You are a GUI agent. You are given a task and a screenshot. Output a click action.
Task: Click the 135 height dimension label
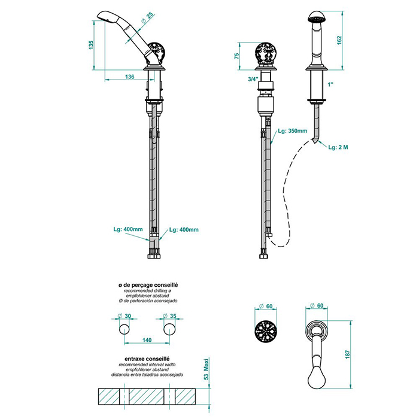click(x=91, y=45)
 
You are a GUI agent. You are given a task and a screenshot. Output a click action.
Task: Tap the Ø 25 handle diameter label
click(x=147, y=18)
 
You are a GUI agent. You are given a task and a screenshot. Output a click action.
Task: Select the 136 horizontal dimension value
click(x=130, y=77)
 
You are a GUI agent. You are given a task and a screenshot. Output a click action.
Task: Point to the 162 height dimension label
click(x=339, y=40)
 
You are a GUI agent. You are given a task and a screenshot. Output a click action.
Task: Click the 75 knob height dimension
click(x=236, y=56)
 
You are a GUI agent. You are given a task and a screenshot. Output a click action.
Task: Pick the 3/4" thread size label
click(x=253, y=79)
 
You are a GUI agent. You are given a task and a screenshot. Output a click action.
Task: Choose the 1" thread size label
click(x=330, y=85)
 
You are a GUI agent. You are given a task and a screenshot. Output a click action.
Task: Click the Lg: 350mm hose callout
click(x=293, y=131)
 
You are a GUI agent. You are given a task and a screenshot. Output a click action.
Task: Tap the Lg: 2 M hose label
click(x=338, y=147)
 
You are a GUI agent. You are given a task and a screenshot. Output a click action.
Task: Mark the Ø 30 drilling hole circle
click(x=125, y=329)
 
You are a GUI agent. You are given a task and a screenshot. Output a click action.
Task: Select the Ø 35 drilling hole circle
click(x=169, y=329)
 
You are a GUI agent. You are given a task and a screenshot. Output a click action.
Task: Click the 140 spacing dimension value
click(x=147, y=340)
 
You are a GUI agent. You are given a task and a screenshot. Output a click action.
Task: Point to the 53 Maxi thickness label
click(x=206, y=369)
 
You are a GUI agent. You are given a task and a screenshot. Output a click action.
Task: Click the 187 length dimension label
click(x=347, y=354)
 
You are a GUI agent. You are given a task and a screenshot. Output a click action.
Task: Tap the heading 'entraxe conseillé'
click(x=147, y=359)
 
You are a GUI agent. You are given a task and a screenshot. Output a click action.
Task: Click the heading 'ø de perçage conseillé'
click(x=148, y=285)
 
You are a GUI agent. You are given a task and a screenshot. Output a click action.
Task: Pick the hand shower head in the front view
click(x=317, y=17)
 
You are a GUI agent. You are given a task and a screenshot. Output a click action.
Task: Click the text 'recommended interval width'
click(x=147, y=365)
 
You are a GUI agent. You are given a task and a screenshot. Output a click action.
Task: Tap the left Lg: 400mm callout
click(x=128, y=229)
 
